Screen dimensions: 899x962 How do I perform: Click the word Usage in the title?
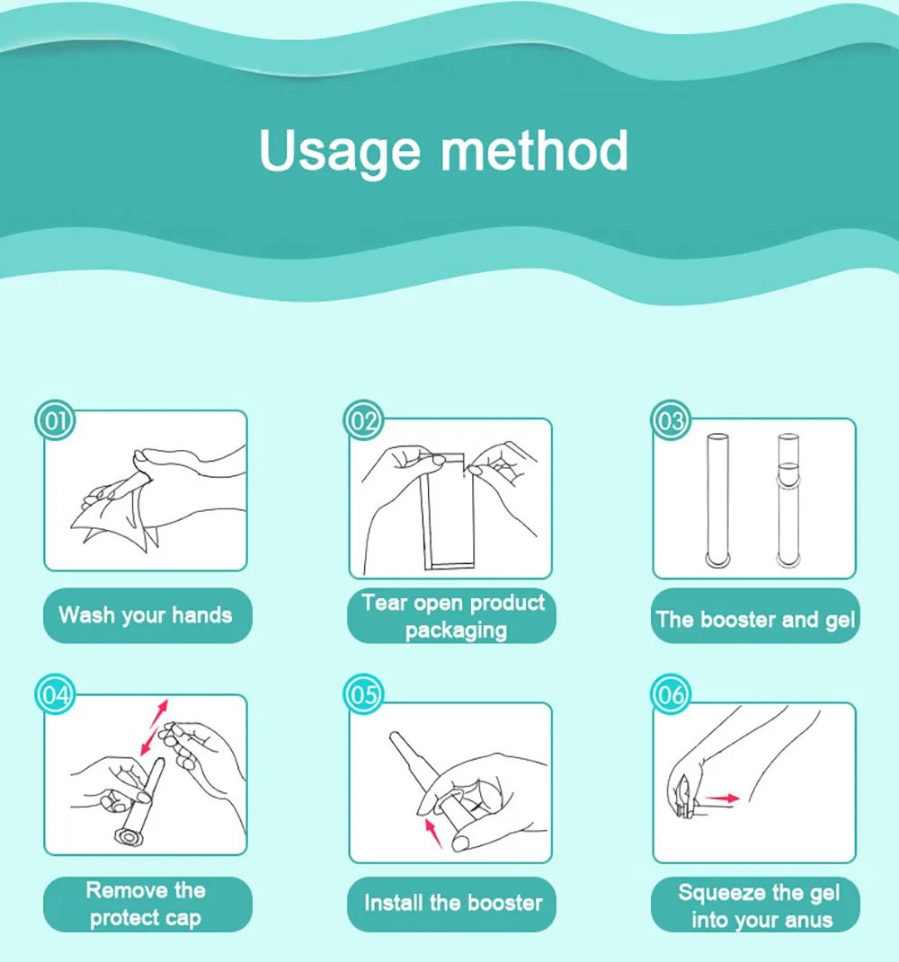pyautogui.click(x=340, y=152)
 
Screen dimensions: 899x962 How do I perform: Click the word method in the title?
pyautogui.click(x=534, y=150)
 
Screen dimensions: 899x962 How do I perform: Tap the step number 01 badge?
pyautogui.click(x=55, y=421)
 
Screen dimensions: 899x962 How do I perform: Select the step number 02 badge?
pyautogui.click(x=363, y=421)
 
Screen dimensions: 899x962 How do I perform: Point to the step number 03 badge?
pyautogui.click(x=672, y=421)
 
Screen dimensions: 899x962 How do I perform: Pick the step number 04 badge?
pyautogui.click(x=55, y=694)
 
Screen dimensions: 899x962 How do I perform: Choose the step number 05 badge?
pyautogui.click(x=363, y=694)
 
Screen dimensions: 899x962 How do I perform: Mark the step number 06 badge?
pyautogui.click(x=672, y=694)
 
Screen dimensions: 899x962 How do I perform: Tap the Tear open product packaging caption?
pyautogui.click(x=452, y=616)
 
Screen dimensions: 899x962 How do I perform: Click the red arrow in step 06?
pyautogui.click(x=722, y=799)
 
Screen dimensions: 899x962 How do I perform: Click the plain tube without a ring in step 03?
pyautogui.click(x=717, y=500)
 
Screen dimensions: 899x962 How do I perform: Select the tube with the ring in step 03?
pyautogui.click(x=788, y=500)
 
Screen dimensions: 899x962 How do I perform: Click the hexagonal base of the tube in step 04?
pyautogui.click(x=129, y=836)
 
